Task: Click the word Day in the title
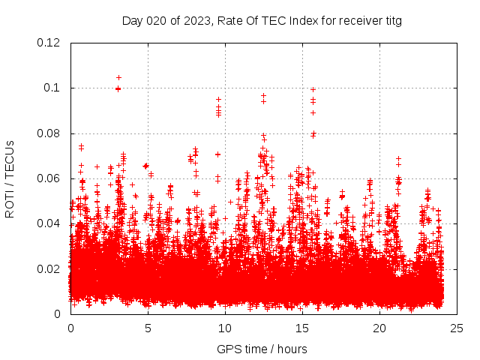click(132, 21)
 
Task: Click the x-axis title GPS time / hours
click(262, 349)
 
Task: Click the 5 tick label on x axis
click(148, 328)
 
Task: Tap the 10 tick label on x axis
click(225, 328)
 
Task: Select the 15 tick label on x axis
click(302, 328)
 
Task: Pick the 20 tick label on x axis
click(379, 328)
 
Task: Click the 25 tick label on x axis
click(457, 328)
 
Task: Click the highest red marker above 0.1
click(118, 77)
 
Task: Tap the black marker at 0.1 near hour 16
click(313, 89)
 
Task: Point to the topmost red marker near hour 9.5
click(219, 99)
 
